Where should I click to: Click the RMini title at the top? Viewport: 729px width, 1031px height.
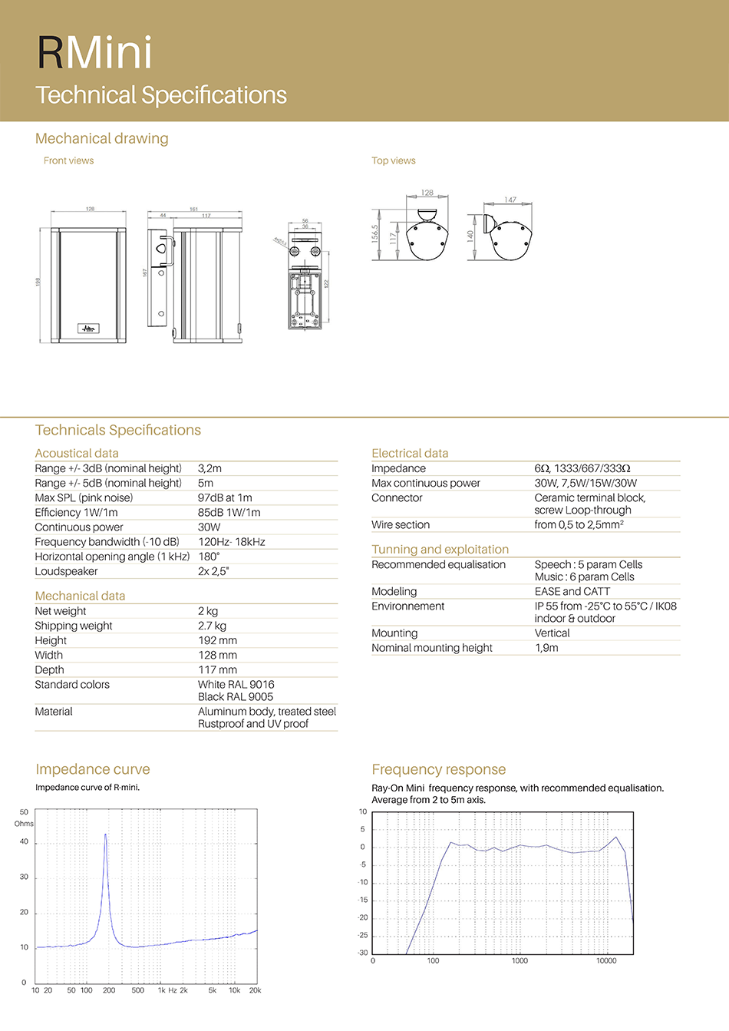(94, 53)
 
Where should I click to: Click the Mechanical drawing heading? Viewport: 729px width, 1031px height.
(102, 138)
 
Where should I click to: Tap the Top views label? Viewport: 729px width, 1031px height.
(394, 160)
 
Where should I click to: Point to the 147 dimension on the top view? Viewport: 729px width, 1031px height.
(510, 200)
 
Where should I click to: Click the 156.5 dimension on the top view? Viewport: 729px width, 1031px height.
(374, 233)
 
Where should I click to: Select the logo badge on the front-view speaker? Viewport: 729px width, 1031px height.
(88, 328)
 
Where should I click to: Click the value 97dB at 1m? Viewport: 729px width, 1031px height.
(225, 497)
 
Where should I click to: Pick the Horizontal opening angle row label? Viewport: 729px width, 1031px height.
(112, 557)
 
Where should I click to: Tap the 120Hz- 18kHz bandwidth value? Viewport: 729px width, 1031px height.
(232, 542)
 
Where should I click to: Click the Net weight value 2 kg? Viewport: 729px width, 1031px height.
(208, 611)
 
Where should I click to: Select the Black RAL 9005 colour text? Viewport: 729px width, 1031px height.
(236, 697)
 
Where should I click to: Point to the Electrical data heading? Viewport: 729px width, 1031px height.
(410, 453)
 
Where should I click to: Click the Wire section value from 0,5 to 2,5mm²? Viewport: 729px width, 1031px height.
(579, 524)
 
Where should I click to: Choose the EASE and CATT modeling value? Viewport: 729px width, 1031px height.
(572, 591)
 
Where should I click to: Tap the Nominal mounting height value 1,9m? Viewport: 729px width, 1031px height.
(546, 648)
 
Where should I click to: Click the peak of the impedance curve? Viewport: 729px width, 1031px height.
(106, 834)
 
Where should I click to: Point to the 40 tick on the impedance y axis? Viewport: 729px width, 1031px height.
(24, 842)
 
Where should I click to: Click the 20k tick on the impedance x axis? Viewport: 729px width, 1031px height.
(256, 990)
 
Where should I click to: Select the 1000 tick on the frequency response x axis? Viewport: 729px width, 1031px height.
(520, 960)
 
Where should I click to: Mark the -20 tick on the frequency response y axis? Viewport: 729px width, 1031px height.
(363, 918)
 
